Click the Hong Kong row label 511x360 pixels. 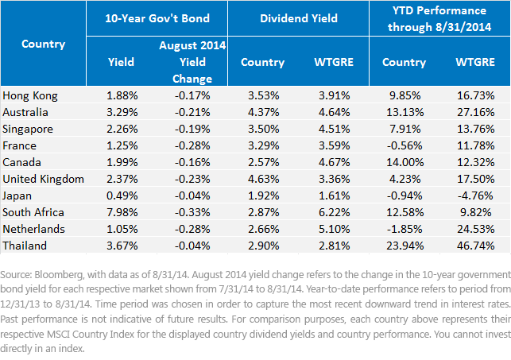(30, 96)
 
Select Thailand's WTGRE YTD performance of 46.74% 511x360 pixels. (475, 246)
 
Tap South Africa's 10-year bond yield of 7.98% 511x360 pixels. (122, 212)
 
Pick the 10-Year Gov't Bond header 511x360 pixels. (157, 18)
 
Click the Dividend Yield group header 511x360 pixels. (299, 18)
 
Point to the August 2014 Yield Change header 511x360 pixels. (192, 62)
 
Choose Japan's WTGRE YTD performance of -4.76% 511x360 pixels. (475, 195)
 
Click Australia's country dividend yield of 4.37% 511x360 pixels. (263, 112)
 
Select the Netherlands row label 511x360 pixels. (33, 229)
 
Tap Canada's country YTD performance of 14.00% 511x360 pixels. (405, 162)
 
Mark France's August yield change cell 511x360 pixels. (192, 145)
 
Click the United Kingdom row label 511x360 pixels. (44, 179)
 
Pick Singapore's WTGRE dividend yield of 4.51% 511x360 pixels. (334, 129)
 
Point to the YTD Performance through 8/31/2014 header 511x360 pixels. (439, 18)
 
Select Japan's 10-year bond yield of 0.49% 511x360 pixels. (122, 195)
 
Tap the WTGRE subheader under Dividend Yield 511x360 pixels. (334, 62)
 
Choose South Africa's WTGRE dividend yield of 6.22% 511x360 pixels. (334, 212)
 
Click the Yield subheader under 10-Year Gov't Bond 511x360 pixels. (121, 62)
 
